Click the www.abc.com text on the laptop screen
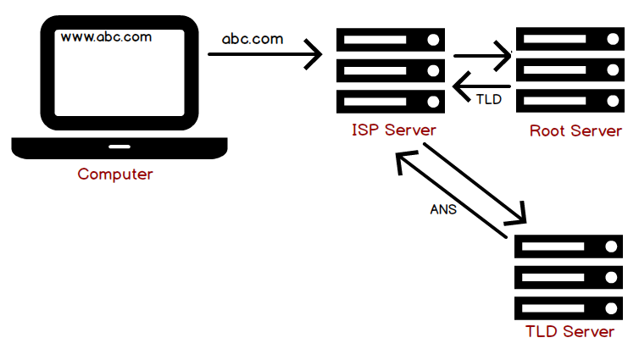click(106, 37)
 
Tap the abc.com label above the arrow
click(253, 39)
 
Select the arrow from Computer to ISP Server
click(265, 54)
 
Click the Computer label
click(115, 174)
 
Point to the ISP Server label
click(394, 130)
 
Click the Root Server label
click(575, 130)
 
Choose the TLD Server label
click(570, 331)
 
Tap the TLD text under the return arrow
click(489, 99)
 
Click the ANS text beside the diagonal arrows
click(443, 209)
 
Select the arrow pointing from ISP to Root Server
click(482, 56)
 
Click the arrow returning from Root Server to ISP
click(481, 86)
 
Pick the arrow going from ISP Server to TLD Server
click(475, 184)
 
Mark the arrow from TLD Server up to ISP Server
click(452, 194)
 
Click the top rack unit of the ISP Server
click(391, 40)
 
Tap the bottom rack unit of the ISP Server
click(391, 102)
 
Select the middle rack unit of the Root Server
click(570, 69)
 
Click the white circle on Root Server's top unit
click(613, 39)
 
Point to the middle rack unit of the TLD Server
click(569, 277)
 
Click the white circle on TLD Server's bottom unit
click(611, 308)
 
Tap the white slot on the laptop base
click(119, 147)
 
